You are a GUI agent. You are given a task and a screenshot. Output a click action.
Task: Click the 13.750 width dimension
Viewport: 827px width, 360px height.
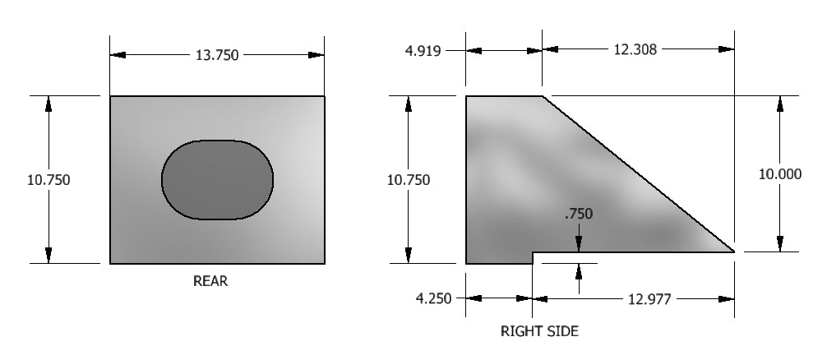coord(217,55)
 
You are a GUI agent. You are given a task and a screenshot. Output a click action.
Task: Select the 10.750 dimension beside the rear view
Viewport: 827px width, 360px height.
coord(49,180)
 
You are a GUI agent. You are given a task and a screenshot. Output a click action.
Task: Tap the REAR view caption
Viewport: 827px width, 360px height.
coord(210,281)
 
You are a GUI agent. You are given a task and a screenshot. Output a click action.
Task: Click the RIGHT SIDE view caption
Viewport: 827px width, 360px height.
coord(539,331)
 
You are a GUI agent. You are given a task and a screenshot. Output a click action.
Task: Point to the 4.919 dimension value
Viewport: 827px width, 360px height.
coord(423,51)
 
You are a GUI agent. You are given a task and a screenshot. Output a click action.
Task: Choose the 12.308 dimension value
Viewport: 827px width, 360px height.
coord(635,49)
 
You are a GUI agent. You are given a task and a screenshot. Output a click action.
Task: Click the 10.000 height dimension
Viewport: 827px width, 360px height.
coord(780,174)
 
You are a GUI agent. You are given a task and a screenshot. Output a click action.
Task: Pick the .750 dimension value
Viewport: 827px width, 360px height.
coord(579,214)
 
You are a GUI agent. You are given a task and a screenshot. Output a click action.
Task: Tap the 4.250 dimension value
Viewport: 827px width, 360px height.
coord(433,299)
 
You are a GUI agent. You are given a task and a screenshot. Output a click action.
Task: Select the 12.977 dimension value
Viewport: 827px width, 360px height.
coord(649,299)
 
